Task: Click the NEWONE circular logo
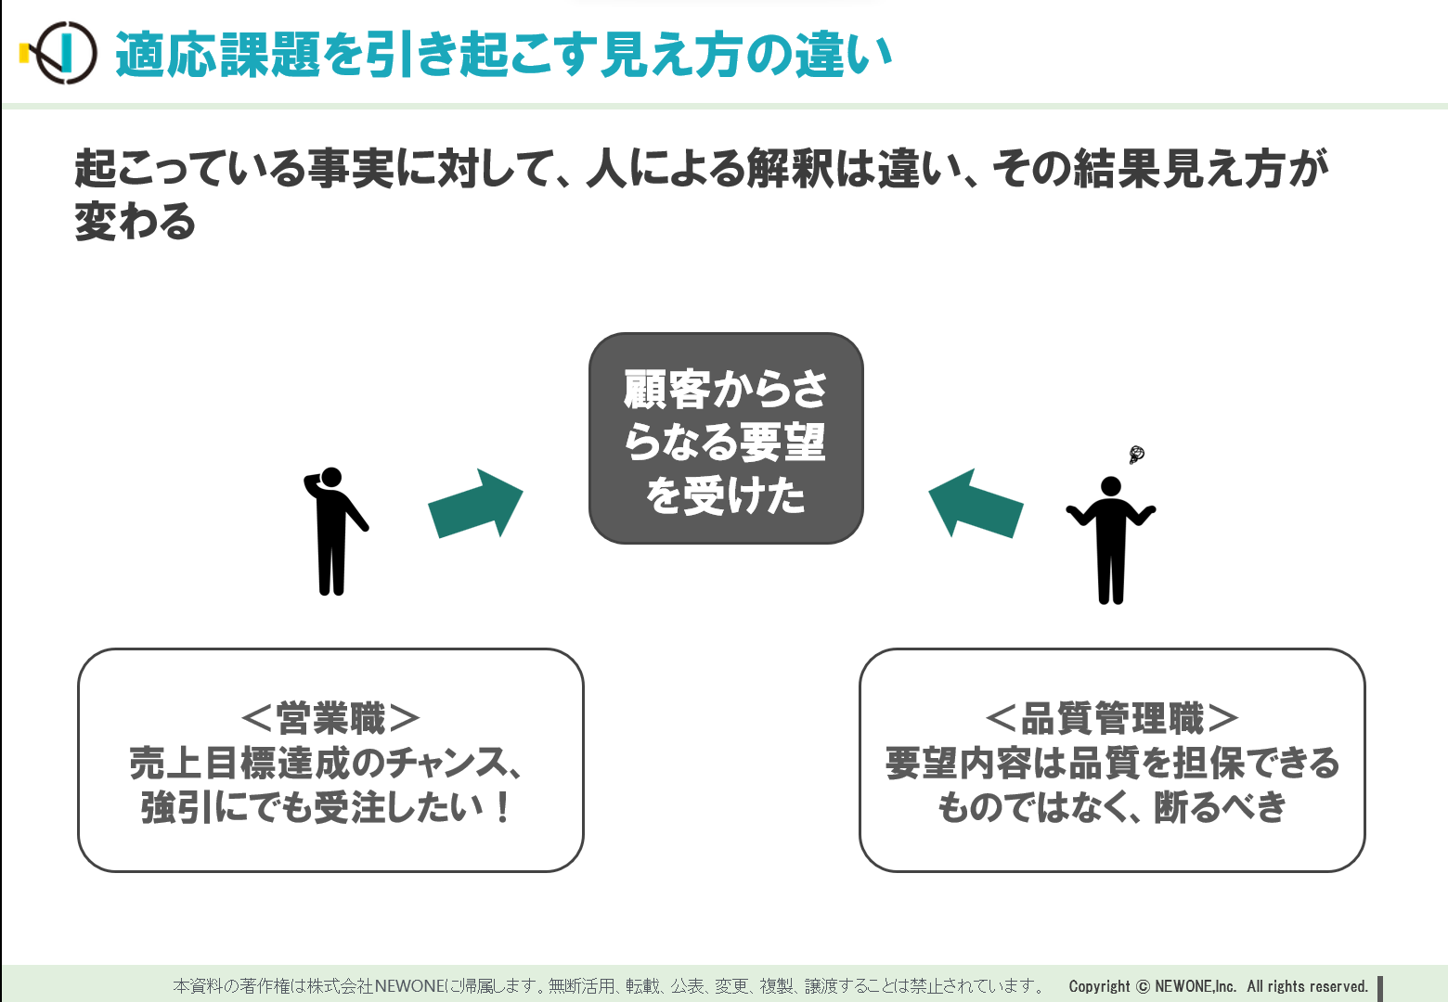59,53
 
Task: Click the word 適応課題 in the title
218,55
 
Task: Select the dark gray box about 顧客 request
726,438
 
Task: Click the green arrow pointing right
476,504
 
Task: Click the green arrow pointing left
976,504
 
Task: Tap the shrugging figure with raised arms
1110,540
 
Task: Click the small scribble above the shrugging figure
1136,455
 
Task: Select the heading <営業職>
330,718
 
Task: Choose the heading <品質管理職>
1112,718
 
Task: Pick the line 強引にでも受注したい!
327,807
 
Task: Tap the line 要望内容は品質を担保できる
1112,763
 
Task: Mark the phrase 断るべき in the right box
1220,807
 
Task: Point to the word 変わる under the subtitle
136,221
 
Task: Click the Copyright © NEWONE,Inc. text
1152,986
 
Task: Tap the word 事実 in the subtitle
350,169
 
